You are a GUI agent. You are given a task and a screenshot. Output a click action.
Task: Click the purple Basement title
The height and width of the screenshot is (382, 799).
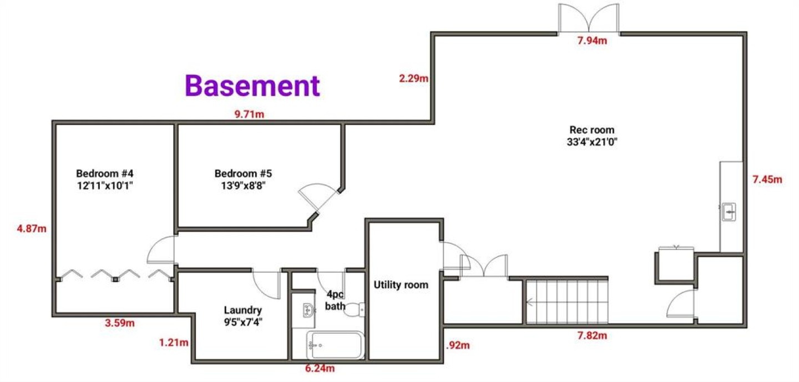252,86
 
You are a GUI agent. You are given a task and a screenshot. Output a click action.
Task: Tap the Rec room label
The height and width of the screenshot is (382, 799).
591,136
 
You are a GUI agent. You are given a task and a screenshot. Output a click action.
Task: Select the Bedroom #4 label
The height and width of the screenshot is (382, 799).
105,179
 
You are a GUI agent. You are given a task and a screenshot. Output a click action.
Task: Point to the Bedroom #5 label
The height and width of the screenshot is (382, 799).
243,179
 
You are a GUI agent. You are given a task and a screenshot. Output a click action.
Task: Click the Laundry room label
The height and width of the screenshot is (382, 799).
243,316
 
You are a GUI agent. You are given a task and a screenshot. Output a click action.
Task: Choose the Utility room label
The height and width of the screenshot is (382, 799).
401,285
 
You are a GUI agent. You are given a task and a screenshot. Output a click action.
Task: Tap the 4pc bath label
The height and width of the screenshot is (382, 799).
335,300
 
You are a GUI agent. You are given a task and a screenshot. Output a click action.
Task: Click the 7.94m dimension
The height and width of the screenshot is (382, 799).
592,41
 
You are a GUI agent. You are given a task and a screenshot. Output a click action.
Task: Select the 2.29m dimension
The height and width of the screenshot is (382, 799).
413,78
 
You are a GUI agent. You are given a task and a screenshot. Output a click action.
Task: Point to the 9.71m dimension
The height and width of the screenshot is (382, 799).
249,114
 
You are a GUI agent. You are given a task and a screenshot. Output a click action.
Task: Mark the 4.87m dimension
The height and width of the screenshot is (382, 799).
32,229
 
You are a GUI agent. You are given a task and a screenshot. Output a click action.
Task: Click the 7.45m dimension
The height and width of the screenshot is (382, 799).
767,179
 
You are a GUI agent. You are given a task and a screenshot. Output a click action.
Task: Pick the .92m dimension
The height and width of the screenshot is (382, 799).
458,345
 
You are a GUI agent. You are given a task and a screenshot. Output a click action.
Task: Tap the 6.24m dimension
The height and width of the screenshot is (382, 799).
320,368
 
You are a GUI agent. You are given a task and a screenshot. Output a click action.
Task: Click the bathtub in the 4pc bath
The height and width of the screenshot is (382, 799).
336,345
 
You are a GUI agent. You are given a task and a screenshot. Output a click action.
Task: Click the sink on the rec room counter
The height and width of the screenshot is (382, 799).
729,212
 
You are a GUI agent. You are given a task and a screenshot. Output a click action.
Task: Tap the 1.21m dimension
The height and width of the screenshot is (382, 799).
174,343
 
